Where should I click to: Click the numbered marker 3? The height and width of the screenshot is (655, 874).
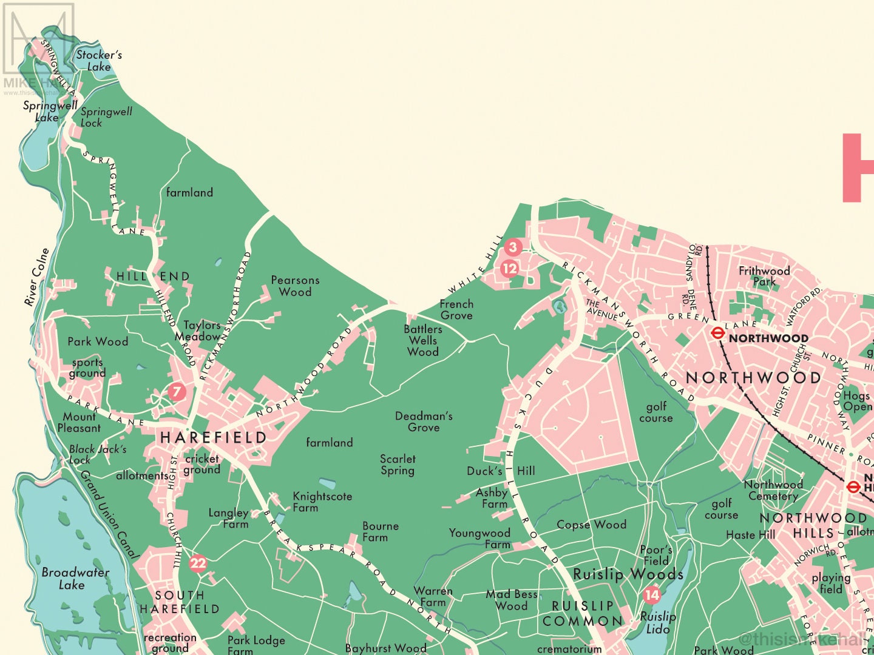coord(513,247)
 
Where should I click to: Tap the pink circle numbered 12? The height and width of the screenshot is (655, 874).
coord(510,268)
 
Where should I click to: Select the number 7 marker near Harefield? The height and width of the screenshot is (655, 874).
coord(177,392)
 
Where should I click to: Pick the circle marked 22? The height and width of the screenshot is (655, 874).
coord(198,563)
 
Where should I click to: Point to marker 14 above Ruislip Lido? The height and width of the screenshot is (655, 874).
coord(652,595)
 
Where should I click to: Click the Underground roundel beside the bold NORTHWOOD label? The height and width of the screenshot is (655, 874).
coord(717,333)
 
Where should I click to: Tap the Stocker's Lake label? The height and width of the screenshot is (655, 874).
coord(99,61)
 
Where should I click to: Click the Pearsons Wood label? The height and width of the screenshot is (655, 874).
coord(295,286)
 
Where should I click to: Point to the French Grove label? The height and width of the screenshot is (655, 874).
coord(456,309)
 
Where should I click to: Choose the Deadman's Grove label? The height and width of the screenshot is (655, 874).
coord(424,422)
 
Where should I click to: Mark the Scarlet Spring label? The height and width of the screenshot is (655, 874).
coord(398,465)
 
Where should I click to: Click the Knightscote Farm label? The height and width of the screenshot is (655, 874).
coord(322,502)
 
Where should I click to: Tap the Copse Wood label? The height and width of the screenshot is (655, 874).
coord(591,525)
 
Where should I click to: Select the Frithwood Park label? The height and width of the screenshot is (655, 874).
coord(764,276)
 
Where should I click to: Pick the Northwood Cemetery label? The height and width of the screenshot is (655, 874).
coord(773,490)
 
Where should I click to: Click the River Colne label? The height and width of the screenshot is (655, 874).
coord(36,277)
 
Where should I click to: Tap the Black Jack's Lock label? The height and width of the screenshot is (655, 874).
coord(97,454)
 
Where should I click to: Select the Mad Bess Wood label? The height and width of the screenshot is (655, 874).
coord(511,600)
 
